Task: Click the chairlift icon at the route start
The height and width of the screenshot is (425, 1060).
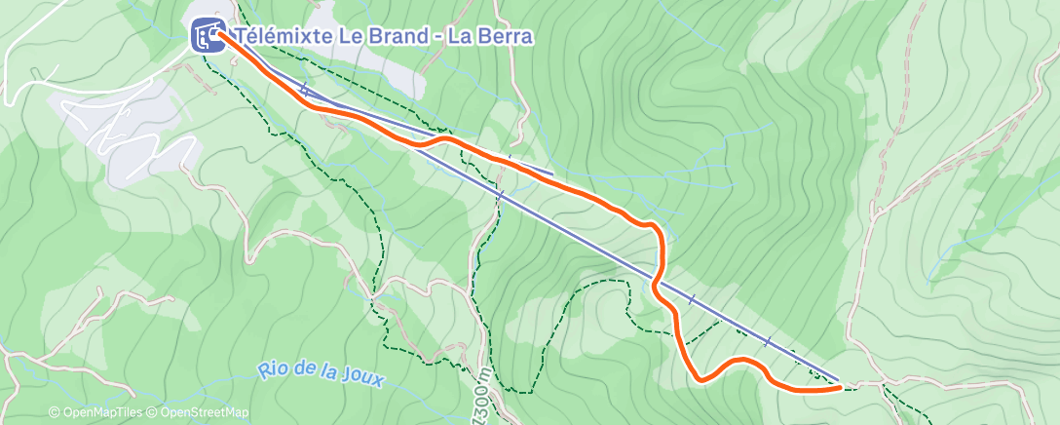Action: tap(207, 36)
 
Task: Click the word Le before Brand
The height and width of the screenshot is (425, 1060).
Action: tap(336, 37)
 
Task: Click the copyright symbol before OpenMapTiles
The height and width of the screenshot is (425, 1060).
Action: tap(55, 412)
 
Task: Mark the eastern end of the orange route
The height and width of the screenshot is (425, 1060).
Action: tap(839, 387)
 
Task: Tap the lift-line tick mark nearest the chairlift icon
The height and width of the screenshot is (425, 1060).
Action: tap(304, 90)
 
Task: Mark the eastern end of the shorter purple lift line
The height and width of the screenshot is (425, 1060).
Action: tap(552, 175)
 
